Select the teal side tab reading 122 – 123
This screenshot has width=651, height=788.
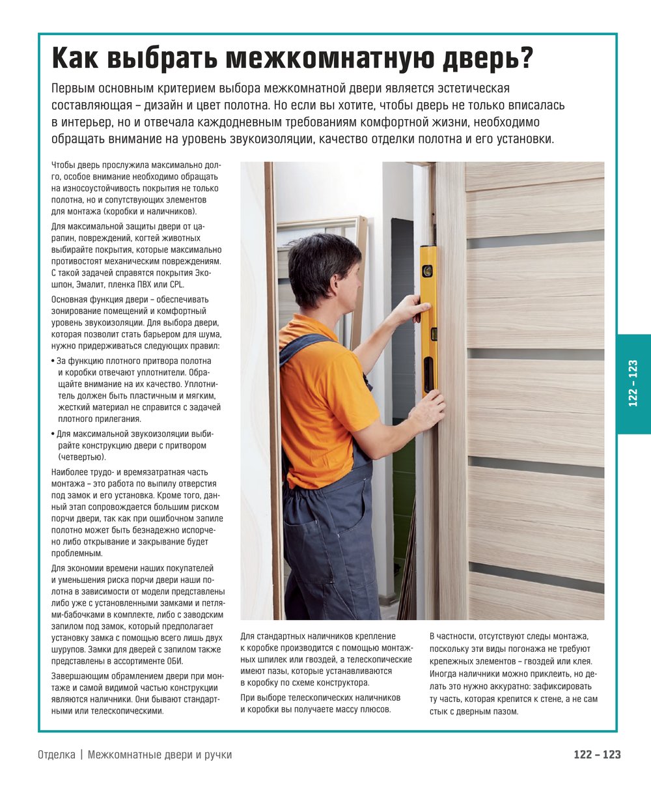[633, 384]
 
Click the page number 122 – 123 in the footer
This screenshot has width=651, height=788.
[597, 755]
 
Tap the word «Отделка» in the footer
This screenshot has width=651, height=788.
[57, 755]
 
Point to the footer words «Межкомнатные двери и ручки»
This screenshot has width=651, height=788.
[159, 755]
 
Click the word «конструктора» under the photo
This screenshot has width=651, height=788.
[342, 682]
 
